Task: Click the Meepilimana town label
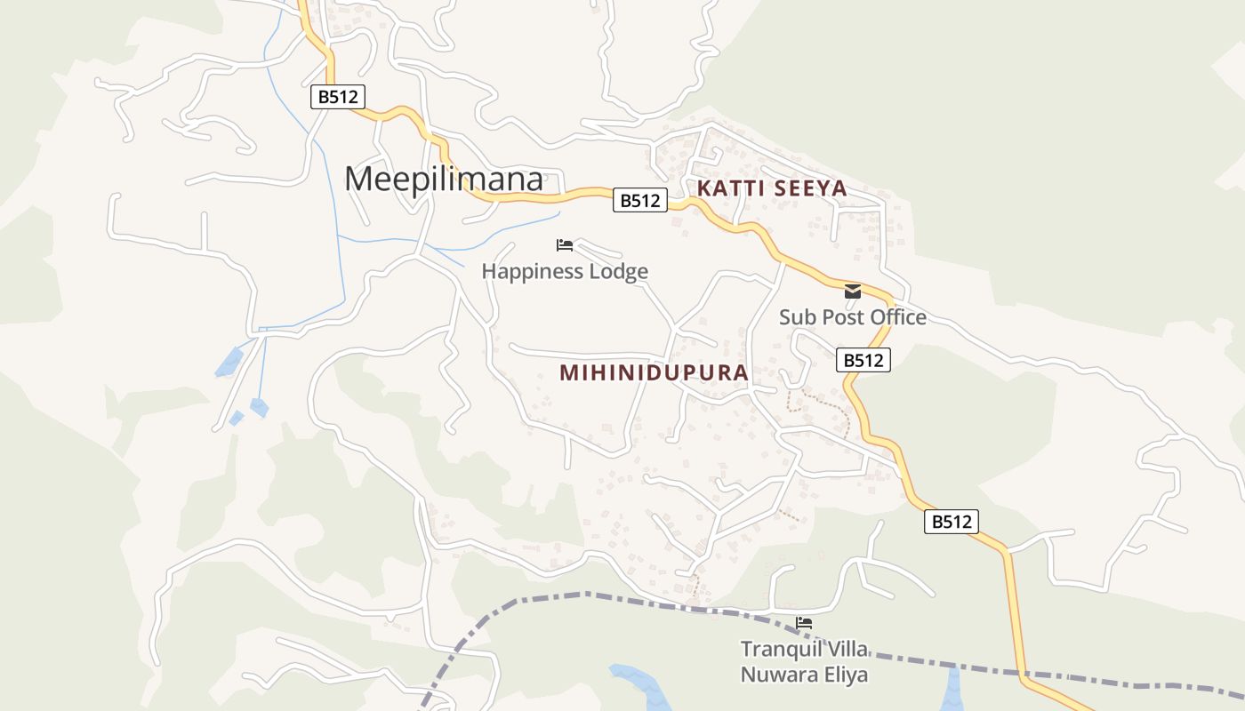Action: coord(443,180)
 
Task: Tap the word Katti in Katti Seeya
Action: coord(731,188)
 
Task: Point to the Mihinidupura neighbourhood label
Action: coord(654,372)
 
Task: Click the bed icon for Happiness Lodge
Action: coord(564,245)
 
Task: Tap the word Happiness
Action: coord(531,271)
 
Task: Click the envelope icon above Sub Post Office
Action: coord(853,292)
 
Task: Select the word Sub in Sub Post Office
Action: coord(797,317)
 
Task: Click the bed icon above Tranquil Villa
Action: coord(804,623)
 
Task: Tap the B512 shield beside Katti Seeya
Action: coord(639,201)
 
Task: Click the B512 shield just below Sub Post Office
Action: coord(863,360)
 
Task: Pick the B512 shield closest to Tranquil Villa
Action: coord(951,522)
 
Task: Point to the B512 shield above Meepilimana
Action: coord(337,97)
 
